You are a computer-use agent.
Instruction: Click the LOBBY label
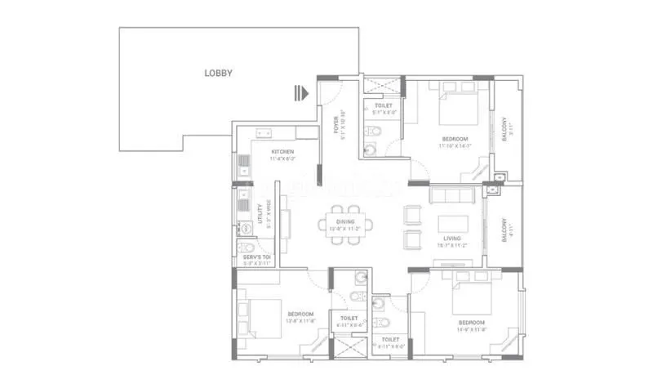click(218, 74)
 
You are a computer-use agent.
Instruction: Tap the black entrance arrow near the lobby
click(302, 93)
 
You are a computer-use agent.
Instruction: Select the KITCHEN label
click(282, 153)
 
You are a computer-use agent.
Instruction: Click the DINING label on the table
click(349, 221)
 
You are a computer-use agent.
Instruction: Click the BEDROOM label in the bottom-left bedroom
click(300, 314)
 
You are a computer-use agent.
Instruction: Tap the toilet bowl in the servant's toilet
click(242, 249)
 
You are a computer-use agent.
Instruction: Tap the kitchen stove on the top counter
click(264, 132)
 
